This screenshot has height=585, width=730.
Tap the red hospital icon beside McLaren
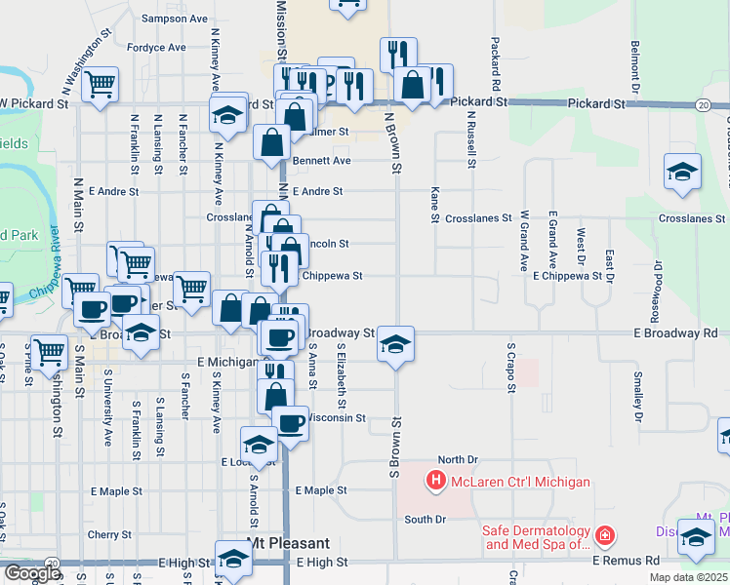[435, 481]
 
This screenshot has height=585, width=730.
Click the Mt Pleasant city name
[289, 543]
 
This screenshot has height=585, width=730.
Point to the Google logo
[31, 573]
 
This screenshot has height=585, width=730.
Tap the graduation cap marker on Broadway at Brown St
[395, 344]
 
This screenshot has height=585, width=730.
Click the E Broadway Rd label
[674, 332]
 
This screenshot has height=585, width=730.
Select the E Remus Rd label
[626, 562]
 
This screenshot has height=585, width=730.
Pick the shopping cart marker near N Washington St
[100, 85]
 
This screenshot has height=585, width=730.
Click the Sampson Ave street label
[175, 19]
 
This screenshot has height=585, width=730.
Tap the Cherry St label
[109, 534]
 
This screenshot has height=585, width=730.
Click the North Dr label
[458, 459]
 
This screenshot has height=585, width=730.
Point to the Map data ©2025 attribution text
[688, 577]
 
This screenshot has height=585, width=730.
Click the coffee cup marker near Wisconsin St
[290, 423]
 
